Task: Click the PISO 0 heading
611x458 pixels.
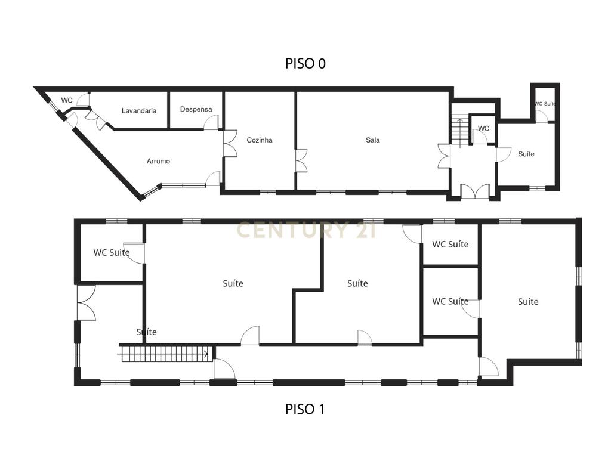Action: (305, 63)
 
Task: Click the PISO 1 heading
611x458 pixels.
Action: (305, 409)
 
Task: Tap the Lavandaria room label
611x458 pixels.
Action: (139, 110)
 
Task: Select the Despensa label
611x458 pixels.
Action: (196, 110)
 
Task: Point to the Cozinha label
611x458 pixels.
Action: (260, 140)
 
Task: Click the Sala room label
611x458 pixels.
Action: (373, 140)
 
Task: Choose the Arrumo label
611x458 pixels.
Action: (158, 161)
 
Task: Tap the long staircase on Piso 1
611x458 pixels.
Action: (165, 354)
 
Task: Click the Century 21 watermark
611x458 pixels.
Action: (306, 230)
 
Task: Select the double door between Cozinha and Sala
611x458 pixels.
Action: (301, 160)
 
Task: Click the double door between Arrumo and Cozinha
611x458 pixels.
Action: (230, 144)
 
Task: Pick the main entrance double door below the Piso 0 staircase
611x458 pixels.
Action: (475, 191)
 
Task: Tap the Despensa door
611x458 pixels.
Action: (212, 123)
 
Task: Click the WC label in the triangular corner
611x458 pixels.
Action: (67, 100)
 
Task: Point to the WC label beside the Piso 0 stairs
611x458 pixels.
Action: (483, 128)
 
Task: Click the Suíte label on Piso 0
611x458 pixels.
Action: (526, 154)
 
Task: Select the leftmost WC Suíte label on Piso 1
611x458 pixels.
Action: (112, 252)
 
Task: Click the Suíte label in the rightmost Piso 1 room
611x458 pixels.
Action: (528, 301)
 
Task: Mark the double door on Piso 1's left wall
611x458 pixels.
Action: (86, 303)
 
